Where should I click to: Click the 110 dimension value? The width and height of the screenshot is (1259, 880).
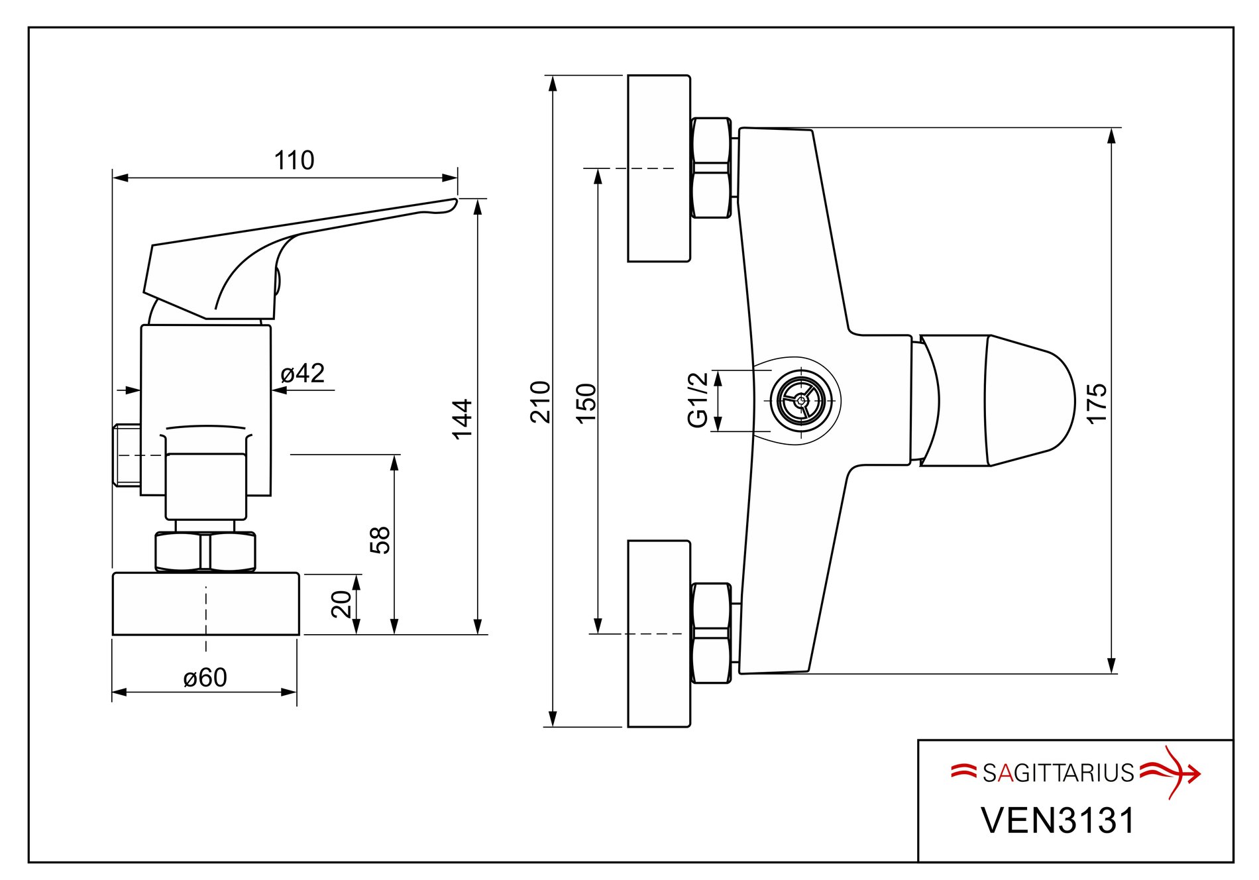coord(294,160)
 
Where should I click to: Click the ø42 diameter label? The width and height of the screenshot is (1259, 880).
coord(302,374)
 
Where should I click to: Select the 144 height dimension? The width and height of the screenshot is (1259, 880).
coord(462,419)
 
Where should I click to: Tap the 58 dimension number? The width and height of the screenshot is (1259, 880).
coord(380,540)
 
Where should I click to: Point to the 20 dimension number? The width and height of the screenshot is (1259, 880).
coord(342,604)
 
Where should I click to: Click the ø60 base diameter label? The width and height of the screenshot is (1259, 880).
coord(205,678)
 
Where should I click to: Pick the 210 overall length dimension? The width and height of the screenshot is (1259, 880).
coord(541,402)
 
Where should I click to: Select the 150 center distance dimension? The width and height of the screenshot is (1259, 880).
coord(586,403)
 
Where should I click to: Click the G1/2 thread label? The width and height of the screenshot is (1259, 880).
coord(698,400)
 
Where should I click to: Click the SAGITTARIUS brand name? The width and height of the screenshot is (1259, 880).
coord(1058,773)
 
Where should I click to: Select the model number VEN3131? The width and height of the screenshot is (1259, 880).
coord(1058,820)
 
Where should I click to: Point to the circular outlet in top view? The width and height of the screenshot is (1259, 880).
coord(802,400)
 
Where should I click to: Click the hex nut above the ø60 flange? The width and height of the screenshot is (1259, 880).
coord(205,551)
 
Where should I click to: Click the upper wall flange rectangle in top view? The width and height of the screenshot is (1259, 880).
coord(659,168)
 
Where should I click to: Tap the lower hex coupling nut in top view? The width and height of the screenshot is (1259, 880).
coord(711,633)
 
